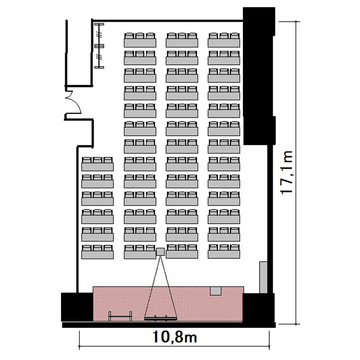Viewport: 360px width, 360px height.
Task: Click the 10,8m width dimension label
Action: click(175, 337)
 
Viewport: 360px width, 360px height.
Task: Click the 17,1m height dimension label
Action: click(287, 173)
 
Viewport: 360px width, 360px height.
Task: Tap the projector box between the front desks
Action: click(160, 252)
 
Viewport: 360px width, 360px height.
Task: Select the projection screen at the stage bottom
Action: click(161, 318)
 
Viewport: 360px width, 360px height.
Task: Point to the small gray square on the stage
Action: click(216, 291)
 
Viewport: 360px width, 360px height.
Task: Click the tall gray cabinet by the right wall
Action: click(264, 277)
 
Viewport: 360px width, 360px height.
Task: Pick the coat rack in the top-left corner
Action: click(99, 46)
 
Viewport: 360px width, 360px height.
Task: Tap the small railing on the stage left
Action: click(120, 316)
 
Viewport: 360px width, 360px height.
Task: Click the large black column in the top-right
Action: click(259, 76)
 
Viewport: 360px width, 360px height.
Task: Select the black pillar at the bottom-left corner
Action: click(77, 307)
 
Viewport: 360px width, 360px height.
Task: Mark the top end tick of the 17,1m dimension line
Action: click(296, 22)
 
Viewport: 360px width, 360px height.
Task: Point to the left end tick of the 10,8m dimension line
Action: click(79, 346)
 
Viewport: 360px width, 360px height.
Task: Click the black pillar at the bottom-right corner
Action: click(259, 308)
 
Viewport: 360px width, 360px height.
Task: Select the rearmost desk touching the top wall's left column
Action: click(140, 40)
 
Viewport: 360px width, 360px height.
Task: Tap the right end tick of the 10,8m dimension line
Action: click(269, 346)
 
